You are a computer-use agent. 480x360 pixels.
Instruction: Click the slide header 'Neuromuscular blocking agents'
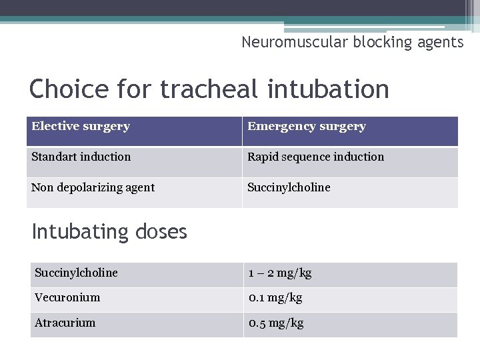(x=352, y=43)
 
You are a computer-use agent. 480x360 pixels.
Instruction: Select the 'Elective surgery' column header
(x=81, y=126)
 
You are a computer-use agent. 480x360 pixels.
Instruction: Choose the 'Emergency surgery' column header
(x=307, y=126)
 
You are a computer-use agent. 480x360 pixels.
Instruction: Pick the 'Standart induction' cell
(x=81, y=157)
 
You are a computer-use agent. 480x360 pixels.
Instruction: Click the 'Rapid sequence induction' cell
(x=316, y=157)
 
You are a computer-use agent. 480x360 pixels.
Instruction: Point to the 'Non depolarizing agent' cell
(x=93, y=187)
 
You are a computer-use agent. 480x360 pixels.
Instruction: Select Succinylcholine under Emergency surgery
(x=289, y=187)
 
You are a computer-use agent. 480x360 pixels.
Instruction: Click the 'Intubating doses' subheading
(x=109, y=232)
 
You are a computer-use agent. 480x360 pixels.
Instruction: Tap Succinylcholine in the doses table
(x=76, y=273)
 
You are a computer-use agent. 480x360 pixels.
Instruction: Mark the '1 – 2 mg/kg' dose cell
(x=280, y=273)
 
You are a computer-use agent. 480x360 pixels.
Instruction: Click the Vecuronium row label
(x=67, y=297)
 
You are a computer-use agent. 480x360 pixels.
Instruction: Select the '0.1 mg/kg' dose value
(x=275, y=297)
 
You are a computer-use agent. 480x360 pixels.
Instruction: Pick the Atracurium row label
(x=65, y=323)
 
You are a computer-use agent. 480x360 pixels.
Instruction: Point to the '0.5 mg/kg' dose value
(x=276, y=323)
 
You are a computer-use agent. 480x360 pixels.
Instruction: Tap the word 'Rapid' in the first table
(x=263, y=157)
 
